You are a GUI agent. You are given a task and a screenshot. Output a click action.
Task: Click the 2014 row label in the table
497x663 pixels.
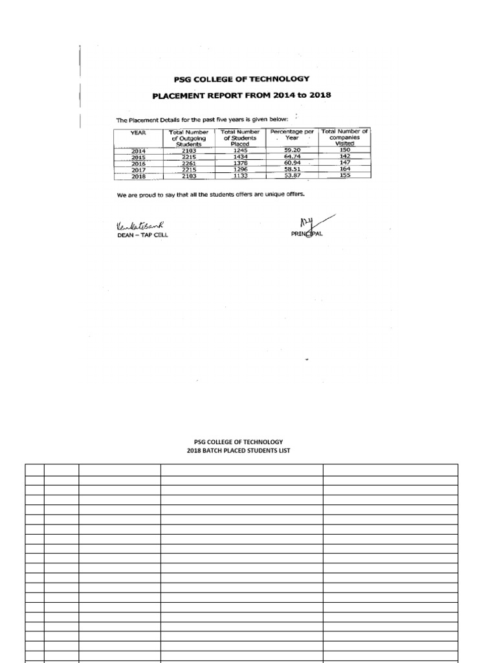point(138,151)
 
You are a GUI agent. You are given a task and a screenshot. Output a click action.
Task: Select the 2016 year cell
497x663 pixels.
point(138,163)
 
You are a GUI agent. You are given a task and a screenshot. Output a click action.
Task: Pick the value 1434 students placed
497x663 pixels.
point(239,157)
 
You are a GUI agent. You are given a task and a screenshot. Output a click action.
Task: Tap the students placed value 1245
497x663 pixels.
point(239,150)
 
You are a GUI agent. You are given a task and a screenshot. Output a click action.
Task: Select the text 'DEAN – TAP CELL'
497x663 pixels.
point(142,235)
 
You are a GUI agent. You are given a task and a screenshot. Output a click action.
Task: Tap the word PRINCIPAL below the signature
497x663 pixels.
point(307,234)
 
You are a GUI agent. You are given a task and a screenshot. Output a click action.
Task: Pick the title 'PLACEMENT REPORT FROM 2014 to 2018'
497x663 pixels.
point(241,95)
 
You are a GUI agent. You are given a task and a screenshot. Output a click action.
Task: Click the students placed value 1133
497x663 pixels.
point(239,175)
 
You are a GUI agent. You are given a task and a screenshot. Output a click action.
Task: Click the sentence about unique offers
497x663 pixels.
point(219,194)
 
